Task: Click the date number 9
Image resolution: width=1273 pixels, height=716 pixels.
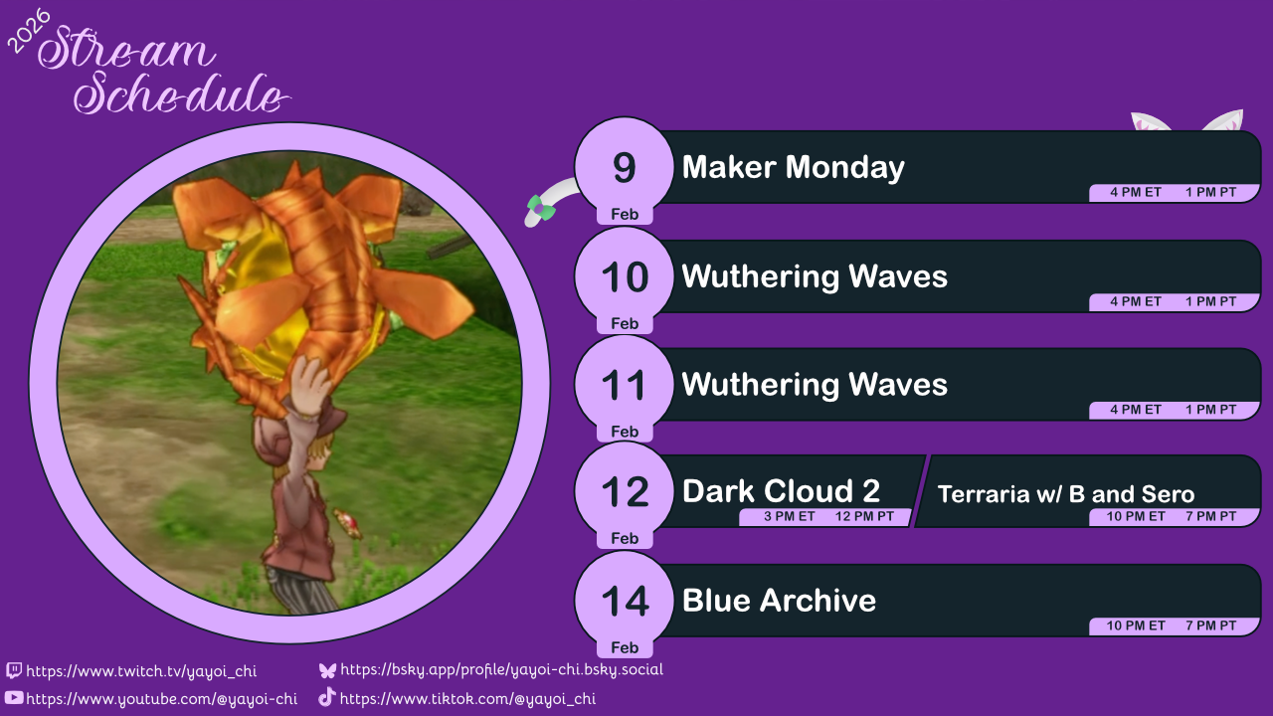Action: [x=624, y=168]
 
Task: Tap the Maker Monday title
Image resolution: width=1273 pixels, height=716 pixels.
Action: [x=793, y=167]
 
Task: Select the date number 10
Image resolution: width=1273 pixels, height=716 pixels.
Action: [x=625, y=277]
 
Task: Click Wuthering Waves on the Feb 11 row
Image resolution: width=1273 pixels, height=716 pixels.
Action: [x=815, y=384]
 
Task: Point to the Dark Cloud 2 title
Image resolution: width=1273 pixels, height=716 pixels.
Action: [x=781, y=490]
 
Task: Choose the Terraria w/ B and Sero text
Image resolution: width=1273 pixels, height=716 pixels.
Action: [x=1065, y=494]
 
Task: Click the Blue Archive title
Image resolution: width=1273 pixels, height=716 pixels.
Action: [x=779, y=601]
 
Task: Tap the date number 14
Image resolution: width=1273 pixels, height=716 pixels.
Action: [x=625, y=602]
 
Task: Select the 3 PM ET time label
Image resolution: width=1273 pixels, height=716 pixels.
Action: [x=790, y=517]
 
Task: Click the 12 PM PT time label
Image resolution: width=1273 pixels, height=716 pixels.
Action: [x=864, y=517]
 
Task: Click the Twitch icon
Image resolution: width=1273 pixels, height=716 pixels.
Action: [x=14, y=671]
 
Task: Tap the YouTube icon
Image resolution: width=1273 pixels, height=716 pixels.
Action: [x=14, y=698]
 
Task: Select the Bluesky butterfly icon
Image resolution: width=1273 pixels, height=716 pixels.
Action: [x=327, y=670]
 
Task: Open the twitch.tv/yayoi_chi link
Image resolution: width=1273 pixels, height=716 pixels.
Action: [x=141, y=671]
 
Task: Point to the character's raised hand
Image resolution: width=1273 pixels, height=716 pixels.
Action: [x=310, y=378]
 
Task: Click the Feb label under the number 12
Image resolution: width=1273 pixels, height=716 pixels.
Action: [x=625, y=538]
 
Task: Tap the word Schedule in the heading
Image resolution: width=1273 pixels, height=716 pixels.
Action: [x=179, y=96]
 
